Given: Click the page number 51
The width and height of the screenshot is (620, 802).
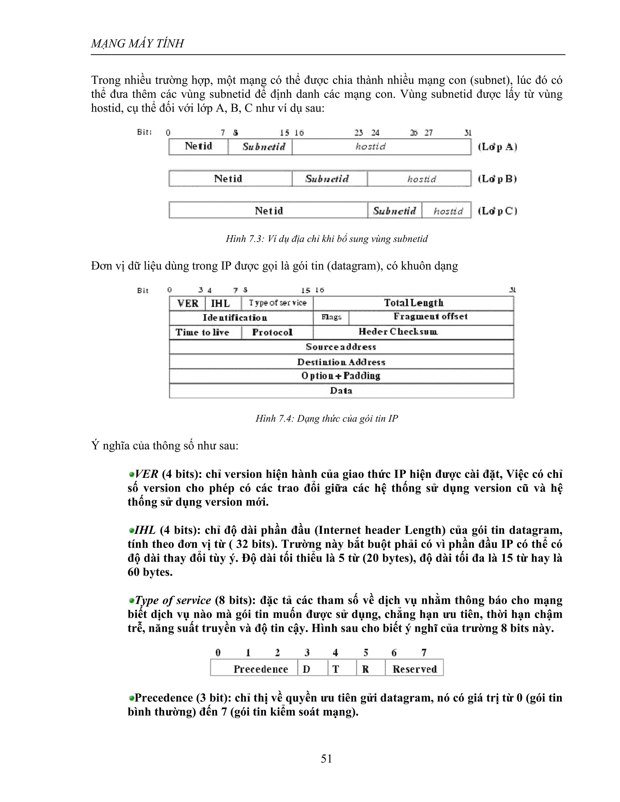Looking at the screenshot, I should [x=326, y=758].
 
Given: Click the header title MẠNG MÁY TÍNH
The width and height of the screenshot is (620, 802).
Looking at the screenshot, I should [x=137, y=44].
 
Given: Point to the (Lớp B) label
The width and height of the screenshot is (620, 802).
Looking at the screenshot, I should [x=497, y=179].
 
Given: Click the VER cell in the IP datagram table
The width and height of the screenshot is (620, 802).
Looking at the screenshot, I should [x=188, y=303].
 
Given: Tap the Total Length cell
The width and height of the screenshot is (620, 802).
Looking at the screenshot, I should [x=413, y=303].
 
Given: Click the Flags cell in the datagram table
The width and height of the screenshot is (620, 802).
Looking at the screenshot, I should [x=331, y=317].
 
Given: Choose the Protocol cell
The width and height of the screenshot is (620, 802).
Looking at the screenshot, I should [x=272, y=332].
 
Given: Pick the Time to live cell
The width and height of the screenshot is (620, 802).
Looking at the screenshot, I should [x=203, y=332].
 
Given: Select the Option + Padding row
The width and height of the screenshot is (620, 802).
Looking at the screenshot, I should [x=341, y=376].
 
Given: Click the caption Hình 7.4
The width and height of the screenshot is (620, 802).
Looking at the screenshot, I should [x=326, y=419].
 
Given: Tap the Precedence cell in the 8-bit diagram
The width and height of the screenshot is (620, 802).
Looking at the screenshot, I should [x=260, y=669].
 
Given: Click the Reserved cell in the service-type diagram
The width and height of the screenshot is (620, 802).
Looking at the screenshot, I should [x=414, y=669].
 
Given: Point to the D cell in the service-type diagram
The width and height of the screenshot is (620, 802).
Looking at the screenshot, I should [x=307, y=669].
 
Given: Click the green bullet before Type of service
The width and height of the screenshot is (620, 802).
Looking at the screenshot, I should [x=131, y=601].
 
